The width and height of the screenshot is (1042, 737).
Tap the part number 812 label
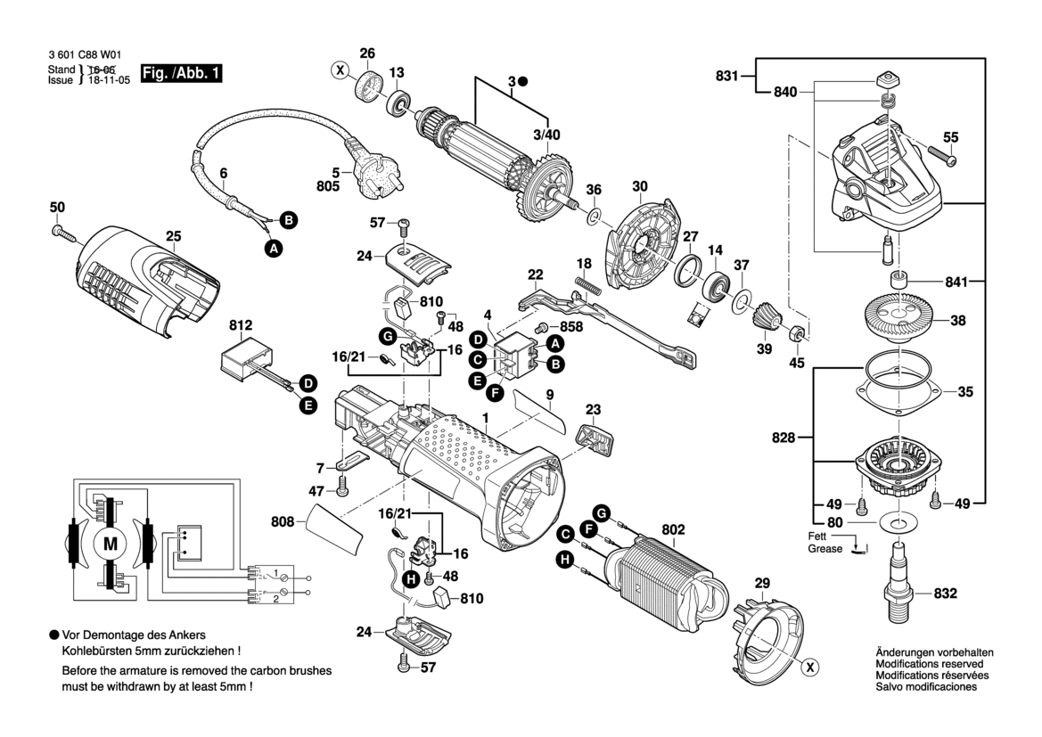[x=241, y=326]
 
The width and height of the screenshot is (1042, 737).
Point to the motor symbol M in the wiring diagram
[x=111, y=544]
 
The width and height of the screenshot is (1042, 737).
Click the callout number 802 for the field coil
[x=673, y=530]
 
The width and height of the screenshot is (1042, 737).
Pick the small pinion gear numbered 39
[x=764, y=316]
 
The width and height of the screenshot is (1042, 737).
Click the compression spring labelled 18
[x=589, y=283]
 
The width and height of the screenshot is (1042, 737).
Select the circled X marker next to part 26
[x=339, y=70]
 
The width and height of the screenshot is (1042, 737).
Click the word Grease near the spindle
[x=825, y=549]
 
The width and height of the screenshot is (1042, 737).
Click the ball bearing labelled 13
[x=398, y=101]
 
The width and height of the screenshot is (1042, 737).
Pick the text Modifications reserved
[x=929, y=665]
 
